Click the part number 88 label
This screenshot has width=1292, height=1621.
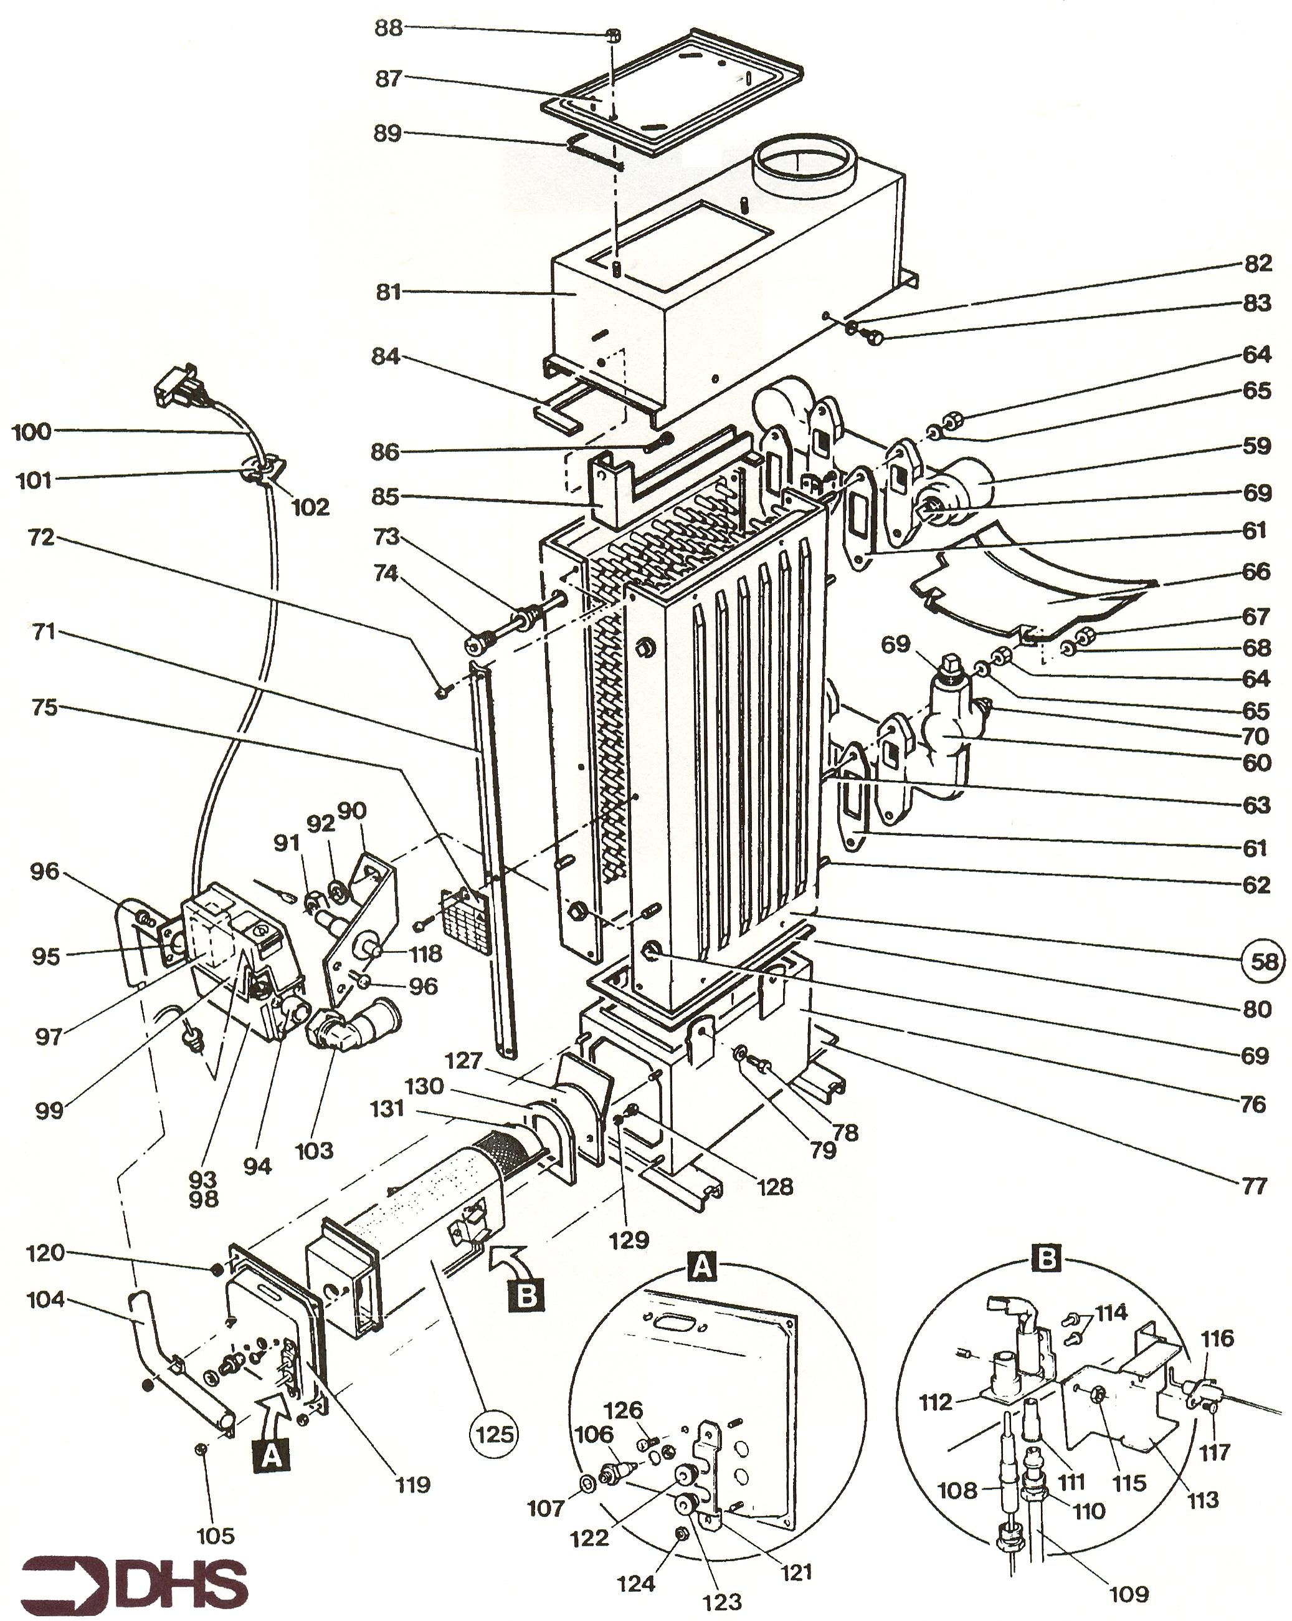389,29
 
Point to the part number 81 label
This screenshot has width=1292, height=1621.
389,292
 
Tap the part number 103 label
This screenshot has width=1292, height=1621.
314,1150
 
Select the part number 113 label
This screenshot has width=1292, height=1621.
1202,1500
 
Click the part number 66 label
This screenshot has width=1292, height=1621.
1256,571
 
